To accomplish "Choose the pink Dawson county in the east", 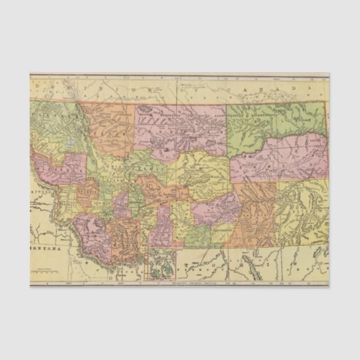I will click(x=278, y=160).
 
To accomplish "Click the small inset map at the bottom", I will click(x=160, y=265).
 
